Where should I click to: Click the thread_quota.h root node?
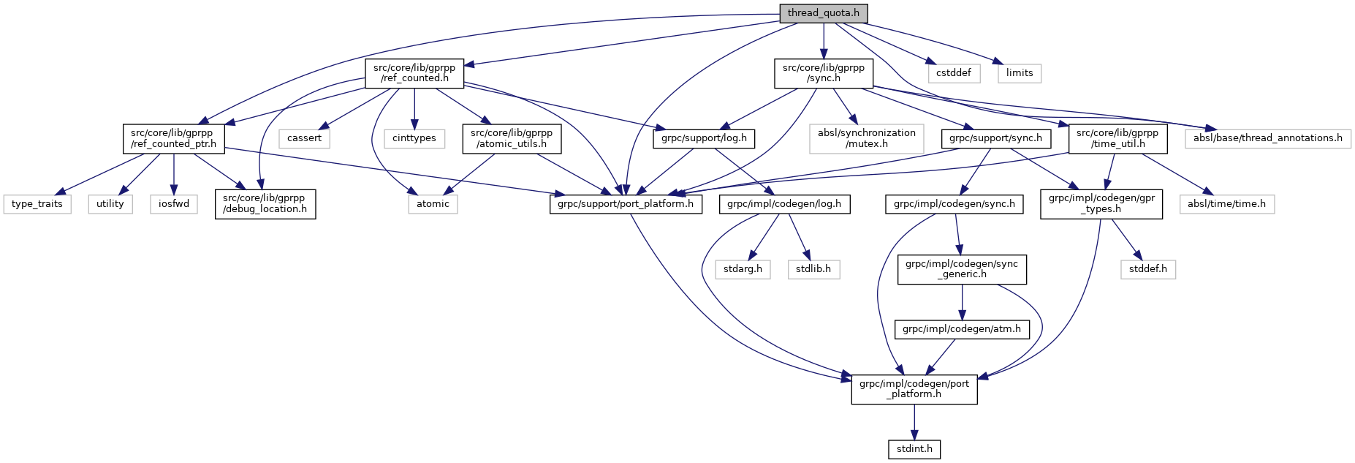coord(823,13)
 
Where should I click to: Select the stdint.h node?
coord(914,448)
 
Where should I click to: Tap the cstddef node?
coord(954,72)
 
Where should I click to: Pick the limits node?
coord(1019,72)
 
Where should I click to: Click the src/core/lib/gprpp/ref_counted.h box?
coord(414,73)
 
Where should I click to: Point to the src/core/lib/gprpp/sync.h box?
coord(823,73)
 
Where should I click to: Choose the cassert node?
coord(304,138)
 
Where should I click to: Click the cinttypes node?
coord(414,138)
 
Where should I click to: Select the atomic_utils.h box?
coord(512,138)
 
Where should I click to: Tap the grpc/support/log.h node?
coord(704,138)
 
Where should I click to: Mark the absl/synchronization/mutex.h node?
coord(866,138)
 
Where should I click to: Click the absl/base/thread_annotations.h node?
coord(1267,138)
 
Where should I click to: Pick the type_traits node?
coord(37,203)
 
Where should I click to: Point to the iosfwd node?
coord(174,203)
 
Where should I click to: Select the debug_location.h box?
coord(265,203)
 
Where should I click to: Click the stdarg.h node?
coord(743,268)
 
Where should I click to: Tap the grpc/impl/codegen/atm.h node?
coord(962,329)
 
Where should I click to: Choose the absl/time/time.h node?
coord(1226,203)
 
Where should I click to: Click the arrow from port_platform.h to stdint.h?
coord(914,421)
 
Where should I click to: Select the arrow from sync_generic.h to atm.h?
coord(962,301)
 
